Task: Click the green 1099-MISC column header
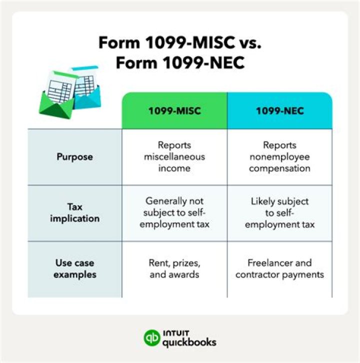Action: click(174, 110)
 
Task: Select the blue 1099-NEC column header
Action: click(279, 110)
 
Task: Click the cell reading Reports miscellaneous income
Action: click(174, 157)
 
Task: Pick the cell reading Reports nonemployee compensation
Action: click(279, 157)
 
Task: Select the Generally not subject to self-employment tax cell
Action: click(174, 212)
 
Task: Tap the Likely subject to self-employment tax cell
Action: click(279, 212)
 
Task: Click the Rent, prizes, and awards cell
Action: click(174, 268)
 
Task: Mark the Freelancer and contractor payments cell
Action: click(279, 268)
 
